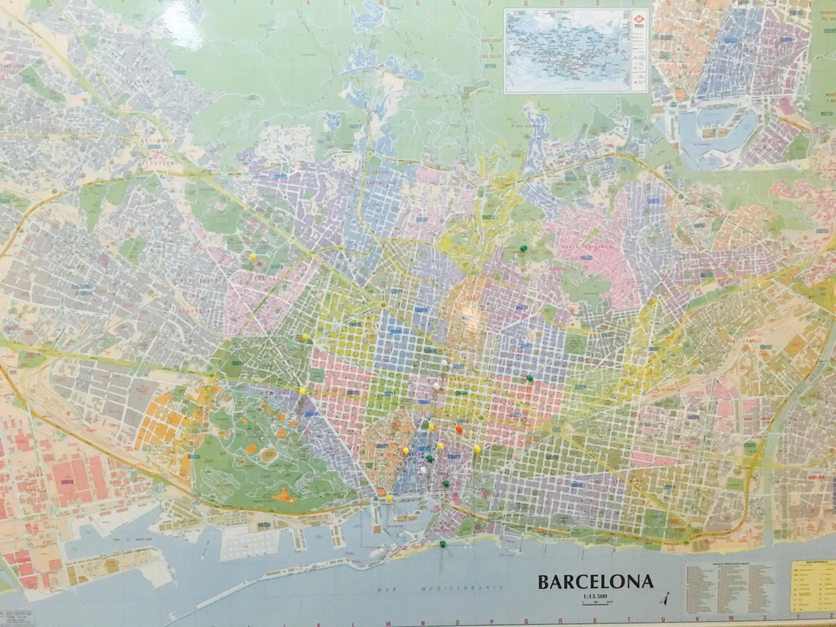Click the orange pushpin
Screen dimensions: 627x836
click(459, 430)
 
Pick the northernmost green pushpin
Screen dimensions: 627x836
click(523, 248)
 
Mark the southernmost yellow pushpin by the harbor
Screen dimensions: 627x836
click(389, 498)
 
